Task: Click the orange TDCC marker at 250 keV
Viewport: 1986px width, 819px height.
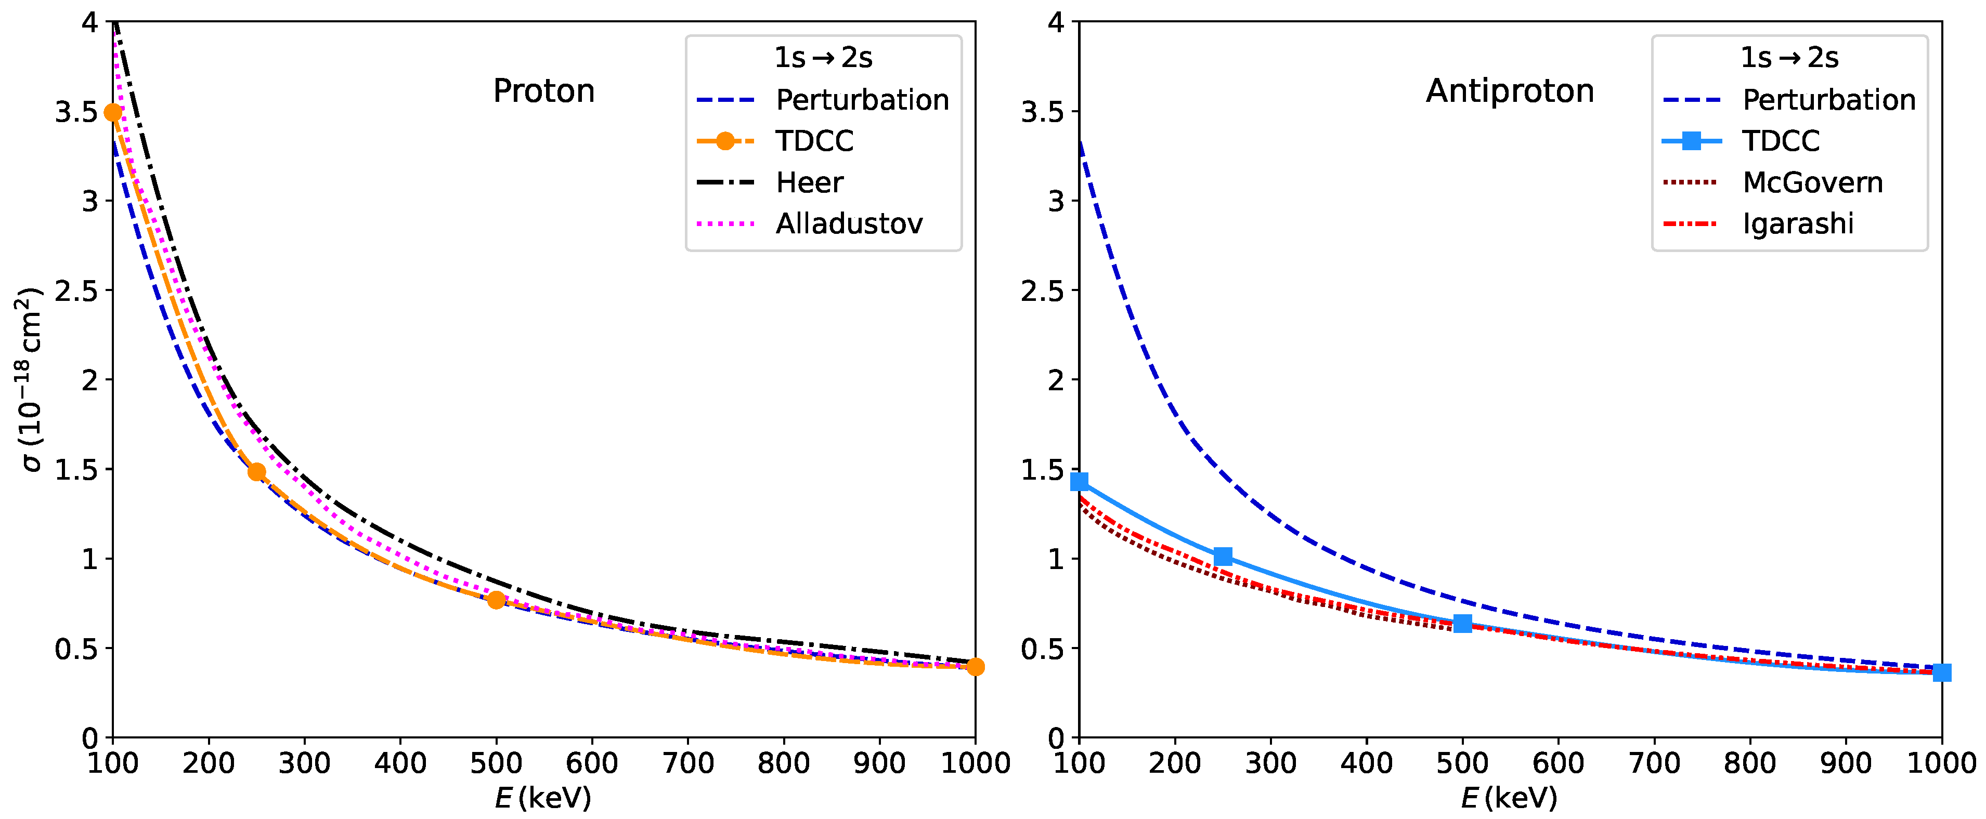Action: click(257, 471)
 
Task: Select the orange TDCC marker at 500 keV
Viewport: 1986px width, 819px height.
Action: click(497, 599)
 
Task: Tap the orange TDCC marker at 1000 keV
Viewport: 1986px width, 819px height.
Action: click(975, 666)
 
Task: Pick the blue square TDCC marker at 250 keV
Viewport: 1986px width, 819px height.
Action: click(1223, 556)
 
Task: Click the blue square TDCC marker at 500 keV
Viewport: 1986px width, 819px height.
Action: click(1462, 623)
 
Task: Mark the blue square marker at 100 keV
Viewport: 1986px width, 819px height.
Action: click(1080, 482)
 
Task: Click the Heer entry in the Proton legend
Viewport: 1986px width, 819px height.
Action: click(810, 182)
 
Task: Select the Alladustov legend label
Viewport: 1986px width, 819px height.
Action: click(849, 223)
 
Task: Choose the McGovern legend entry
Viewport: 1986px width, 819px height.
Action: click(1812, 182)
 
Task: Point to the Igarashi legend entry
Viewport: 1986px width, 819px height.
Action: click(1798, 223)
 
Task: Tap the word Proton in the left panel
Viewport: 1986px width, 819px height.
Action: click(543, 91)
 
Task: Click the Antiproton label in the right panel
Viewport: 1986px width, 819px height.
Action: click(1510, 91)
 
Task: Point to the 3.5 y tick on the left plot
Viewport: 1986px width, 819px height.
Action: click(76, 112)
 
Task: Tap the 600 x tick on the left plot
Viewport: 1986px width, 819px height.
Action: click(592, 763)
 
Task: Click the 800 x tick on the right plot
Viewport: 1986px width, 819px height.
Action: click(1750, 763)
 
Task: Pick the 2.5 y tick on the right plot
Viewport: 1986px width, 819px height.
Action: click(1042, 291)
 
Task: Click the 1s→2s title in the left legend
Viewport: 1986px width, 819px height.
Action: click(823, 58)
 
